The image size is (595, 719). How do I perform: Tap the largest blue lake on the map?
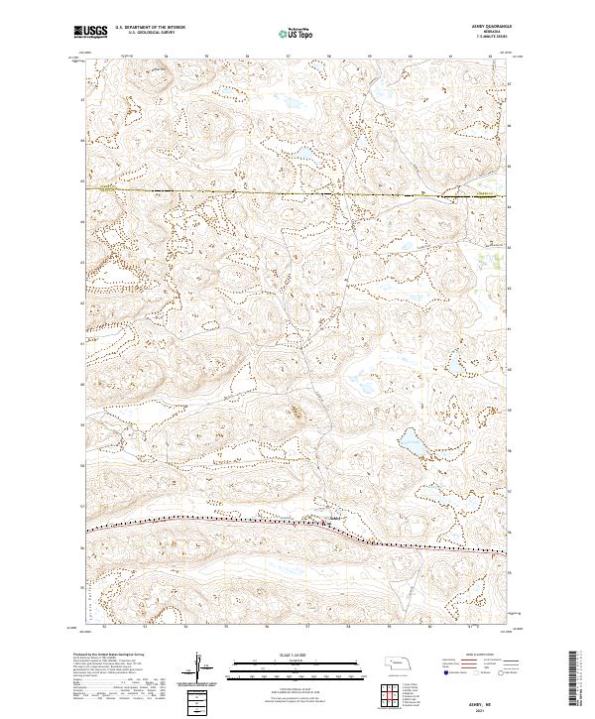tap(413, 440)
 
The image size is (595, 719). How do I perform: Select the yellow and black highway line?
tap(248, 190)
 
